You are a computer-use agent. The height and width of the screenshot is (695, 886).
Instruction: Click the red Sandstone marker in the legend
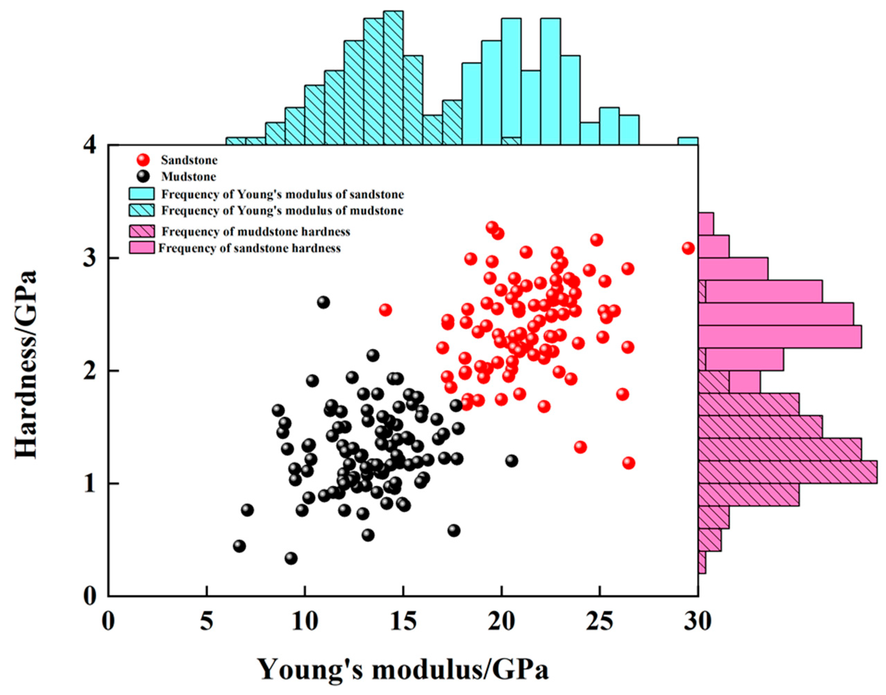(143, 160)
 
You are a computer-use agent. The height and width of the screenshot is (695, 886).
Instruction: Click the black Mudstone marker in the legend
(143, 177)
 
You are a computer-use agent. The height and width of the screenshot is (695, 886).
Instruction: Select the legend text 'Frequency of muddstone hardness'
(256, 232)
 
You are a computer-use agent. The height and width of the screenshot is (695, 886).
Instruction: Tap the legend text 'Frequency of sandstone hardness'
(250, 248)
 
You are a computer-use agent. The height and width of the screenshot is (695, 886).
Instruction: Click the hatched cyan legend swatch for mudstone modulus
(142, 210)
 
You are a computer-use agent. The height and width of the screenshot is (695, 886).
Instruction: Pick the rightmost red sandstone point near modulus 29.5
(688, 248)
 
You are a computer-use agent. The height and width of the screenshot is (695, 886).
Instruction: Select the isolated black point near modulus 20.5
(512, 461)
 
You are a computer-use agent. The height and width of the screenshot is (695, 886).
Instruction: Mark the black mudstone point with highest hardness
(323, 302)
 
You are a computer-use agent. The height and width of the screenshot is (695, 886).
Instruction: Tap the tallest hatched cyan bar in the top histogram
(394, 78)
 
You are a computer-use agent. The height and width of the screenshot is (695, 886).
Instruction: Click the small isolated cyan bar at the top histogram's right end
(688, 141)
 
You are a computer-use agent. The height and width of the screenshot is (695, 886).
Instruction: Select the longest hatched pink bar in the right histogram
(787, 472)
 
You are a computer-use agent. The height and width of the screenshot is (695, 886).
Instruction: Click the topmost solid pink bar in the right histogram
(706, 224)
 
